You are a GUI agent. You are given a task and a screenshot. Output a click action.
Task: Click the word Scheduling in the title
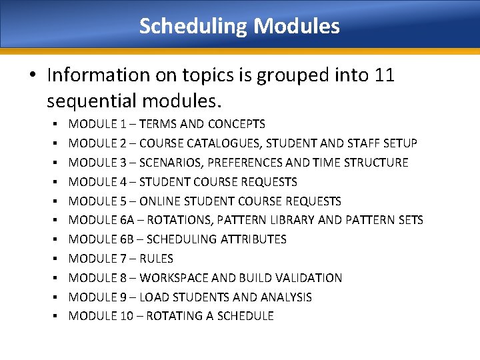click(193, 27)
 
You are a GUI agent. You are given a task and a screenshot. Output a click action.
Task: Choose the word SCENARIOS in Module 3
click(165, 163)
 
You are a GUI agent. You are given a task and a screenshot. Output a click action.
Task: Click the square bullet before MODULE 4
click(58, 182)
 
